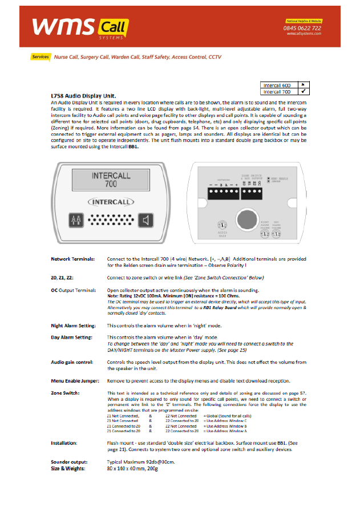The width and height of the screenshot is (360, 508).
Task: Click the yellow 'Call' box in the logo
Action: click(x=113, y=26)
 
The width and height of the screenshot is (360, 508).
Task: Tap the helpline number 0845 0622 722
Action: click(x=303, y=28)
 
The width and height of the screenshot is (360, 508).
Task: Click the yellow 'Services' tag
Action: click(x=41, y=57)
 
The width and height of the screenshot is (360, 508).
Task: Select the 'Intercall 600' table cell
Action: click(x=277, y=85)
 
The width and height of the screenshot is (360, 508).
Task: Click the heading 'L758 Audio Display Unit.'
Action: click(x=83, y=95)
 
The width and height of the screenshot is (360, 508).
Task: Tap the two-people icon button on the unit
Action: click(x=78, y=220)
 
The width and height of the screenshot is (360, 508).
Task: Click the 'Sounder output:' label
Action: click(x=69, y=462)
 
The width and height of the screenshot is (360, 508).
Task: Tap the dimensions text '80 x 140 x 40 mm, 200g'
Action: click(x=132, y=468)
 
